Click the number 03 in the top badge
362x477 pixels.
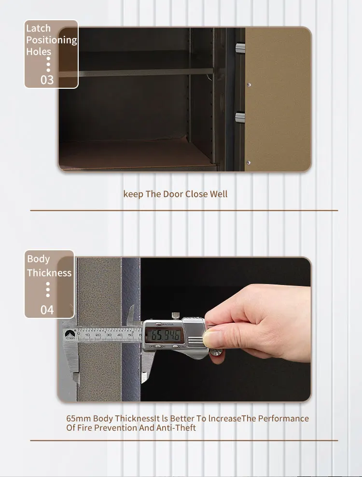(47, 79)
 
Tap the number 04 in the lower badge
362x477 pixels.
(47, 309)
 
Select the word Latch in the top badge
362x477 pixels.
(38, 28)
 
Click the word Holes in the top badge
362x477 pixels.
(39, 52)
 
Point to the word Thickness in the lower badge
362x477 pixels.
(49, 273)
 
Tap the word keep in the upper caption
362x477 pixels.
(133, 194)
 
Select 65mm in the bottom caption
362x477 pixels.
(78, 418)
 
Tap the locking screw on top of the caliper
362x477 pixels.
(176, 317)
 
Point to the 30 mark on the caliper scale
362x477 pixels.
(109, 334)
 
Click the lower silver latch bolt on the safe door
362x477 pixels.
(240, 117)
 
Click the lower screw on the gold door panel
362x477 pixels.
(249, 162)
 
